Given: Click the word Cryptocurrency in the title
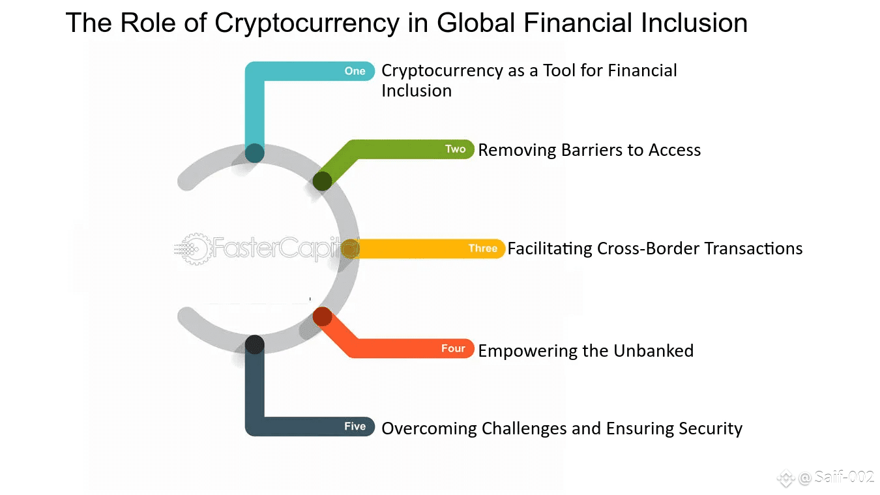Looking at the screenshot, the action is coord(307,23).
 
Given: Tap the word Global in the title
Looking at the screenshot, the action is coord(476,22).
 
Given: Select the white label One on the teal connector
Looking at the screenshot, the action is coord(355,71).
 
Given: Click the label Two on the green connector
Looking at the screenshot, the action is coord(456,149).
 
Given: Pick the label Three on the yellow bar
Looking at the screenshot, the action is coord(483,248).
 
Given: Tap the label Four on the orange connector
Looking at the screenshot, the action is coord(453,348).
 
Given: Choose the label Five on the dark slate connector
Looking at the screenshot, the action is coord(355,426).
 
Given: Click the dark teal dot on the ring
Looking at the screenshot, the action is coord(255,153).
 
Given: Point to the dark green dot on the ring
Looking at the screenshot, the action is coord(322,181).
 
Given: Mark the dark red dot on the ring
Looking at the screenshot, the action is coord(322,316).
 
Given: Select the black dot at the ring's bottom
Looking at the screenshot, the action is coord(255,345).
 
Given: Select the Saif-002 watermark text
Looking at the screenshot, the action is coord(843,477).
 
